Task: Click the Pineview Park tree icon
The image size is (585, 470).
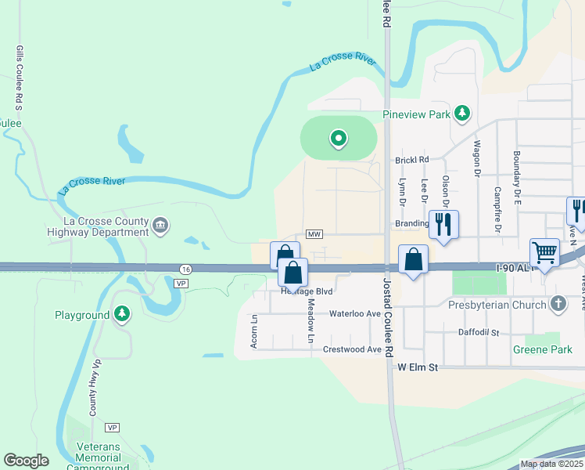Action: coord(462,114)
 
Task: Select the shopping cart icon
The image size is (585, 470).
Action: coord(544,253)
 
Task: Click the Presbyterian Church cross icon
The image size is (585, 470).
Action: coord(558,303)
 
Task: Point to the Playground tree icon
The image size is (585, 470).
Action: coord(121,315)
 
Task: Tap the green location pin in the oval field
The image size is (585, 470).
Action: coord(339,139)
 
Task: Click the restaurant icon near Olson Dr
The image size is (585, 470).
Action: coord(443,224)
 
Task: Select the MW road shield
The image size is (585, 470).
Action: coord(314,234)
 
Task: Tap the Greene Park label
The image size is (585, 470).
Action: coord(538,349)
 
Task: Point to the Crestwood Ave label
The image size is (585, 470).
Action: coord(352,349)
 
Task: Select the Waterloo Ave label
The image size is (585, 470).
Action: coord(354,313)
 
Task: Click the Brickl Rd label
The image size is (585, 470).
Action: coord(412,159)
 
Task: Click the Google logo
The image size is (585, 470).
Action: coord(26,461)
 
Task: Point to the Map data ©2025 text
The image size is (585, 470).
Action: coord(551,464)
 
